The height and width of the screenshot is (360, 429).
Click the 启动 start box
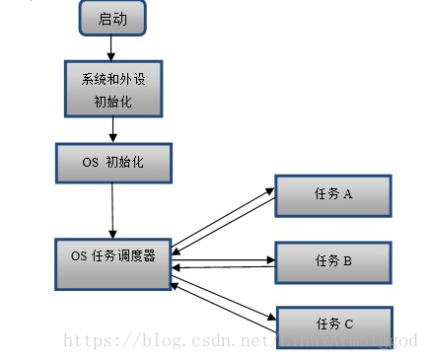[112, 17]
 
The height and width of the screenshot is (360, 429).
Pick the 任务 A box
[333, 195]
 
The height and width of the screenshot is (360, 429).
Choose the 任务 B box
[333, 261]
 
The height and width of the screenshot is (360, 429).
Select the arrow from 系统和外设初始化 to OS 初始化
[114, 128]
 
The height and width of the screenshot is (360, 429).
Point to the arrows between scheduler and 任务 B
[222, 263]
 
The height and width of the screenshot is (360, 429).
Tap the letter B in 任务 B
[348, 261]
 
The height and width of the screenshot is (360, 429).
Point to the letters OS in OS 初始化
[90, 163]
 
